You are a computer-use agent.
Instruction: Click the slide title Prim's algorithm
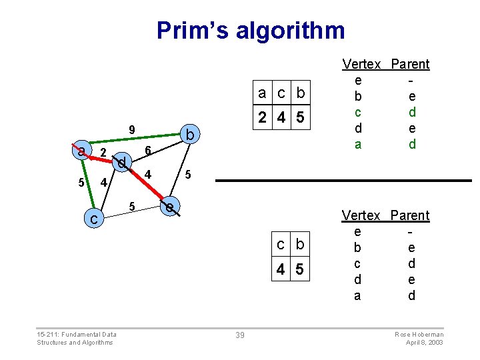click(x=251, y=31)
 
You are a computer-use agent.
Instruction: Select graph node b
click(x=190, y=136)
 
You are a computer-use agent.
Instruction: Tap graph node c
click(x=95, y=218)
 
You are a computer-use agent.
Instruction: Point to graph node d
click(x=122, y=162)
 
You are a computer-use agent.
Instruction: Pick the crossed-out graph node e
click(x=171, y=207)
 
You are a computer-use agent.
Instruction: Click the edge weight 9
click(x=132, y=129)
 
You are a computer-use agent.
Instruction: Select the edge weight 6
click(x=149, y=150)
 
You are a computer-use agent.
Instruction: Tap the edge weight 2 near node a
click(x=103, y=153)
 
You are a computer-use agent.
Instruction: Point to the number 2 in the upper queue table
click(x=263, y=117)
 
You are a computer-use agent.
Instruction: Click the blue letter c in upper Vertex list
click(x=358, y=113)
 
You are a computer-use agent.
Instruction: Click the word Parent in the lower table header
click(x=411, y=215)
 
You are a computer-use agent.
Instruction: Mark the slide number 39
click(x=240, y=335)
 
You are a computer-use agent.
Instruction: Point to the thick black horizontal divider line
click(x=343, y=181)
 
